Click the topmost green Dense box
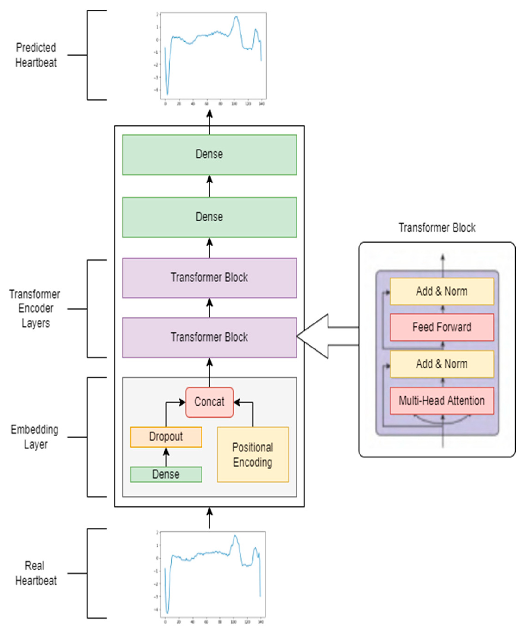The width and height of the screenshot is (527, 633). pyautogui.click(x=209, y=154)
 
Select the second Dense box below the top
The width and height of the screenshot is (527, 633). pyautogui.click(x=209, y=217)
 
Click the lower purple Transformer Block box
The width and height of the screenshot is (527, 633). pyautogui.click(x=209, y=337)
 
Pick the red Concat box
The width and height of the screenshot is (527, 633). pyautogui.click(x=209, y=402)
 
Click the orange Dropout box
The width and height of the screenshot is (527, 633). pyautogui.click(x=166, y=437)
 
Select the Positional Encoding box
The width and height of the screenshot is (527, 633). pyautogui.click(x=253, y=455)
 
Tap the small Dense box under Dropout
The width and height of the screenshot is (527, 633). pyautogui.click(x=166, y=474)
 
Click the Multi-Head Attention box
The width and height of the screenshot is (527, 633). pyautogui.click(x=442, y=401)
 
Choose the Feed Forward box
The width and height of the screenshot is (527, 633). pyautogui.click(x=442, y=327)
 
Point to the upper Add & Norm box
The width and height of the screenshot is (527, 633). pyautogui.click(x=442, y=291)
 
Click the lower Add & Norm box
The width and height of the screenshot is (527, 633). pyautogui.click(x=442, y=364)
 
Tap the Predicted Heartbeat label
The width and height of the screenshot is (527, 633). pyautogui.click(x=36, y=55)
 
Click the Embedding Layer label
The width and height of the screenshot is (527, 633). pyautogui.click(x=35, y=437)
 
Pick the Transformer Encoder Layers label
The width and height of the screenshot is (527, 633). pyautogui.click(x=35, y=308)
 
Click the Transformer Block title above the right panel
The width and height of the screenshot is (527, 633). pyautogui.click(x=437, y=228)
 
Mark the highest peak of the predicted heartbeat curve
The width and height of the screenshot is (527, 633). pyautogui.click(x=236, y=17)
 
